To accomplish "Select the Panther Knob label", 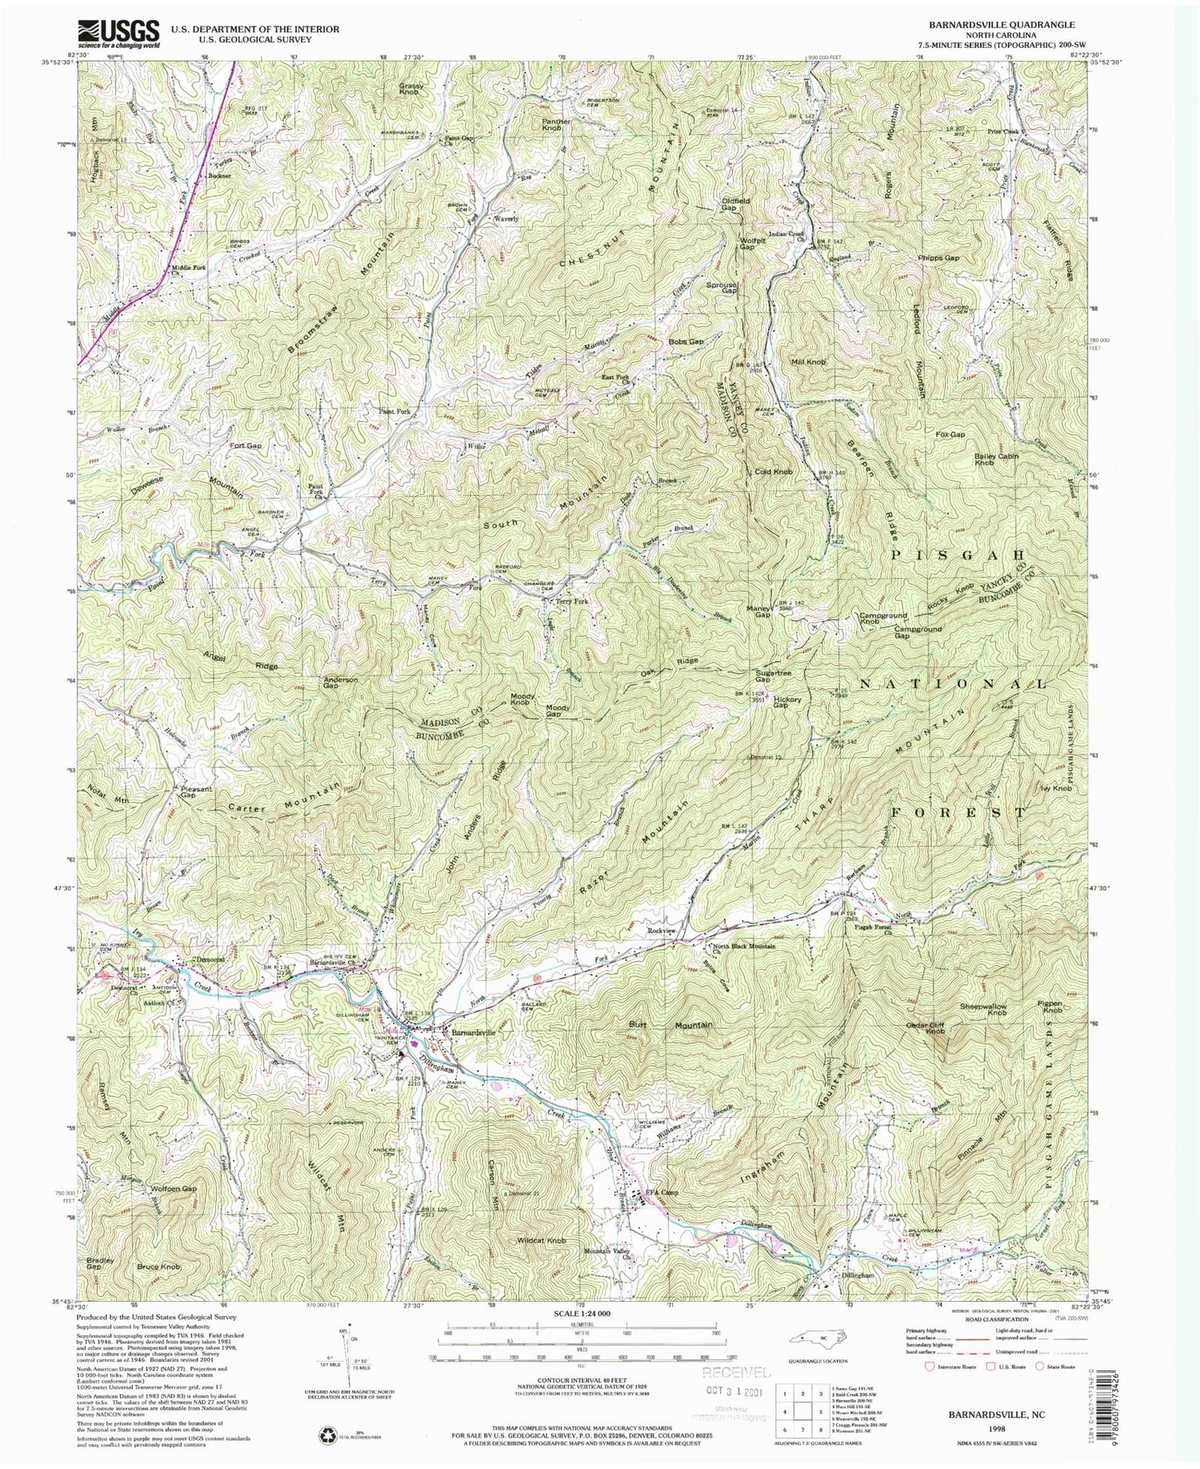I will [x=556, y=124].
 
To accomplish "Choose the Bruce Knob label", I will [x=158, y=1267].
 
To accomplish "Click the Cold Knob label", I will [x=774, y=472].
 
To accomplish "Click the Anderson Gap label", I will [x=340, y=684].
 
